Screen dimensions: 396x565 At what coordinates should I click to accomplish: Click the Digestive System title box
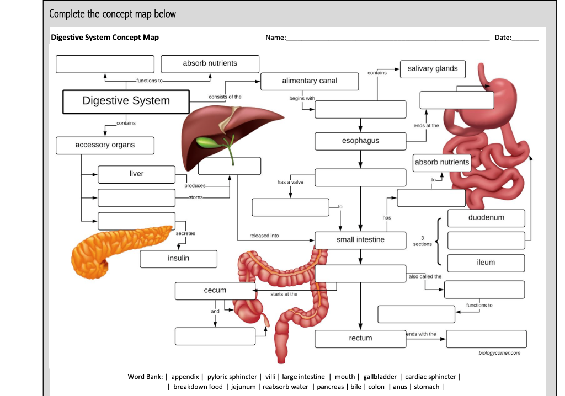126,101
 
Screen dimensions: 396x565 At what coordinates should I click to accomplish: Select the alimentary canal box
310,81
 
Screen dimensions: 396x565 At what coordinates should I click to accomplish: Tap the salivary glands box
433,69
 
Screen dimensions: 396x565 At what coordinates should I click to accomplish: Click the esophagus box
360,141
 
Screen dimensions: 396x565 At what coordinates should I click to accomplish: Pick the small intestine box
360,240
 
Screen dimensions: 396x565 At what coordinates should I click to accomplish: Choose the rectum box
360,339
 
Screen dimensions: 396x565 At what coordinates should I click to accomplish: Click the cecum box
215,291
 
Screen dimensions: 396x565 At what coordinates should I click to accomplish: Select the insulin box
178,259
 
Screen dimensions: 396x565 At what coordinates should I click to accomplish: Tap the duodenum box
486,218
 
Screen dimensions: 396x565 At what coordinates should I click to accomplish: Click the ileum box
486,263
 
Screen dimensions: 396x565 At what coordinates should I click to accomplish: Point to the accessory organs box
105,145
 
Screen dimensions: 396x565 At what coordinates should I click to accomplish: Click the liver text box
136,174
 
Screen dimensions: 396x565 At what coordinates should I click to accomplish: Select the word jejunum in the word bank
243,387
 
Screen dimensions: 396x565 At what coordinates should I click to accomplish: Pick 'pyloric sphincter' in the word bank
232,377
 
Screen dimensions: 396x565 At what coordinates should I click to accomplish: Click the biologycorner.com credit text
499,352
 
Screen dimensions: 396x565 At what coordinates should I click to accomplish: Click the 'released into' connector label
264,236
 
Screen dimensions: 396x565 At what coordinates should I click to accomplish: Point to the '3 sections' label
423,241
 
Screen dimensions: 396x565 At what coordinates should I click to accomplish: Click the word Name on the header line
275,38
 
